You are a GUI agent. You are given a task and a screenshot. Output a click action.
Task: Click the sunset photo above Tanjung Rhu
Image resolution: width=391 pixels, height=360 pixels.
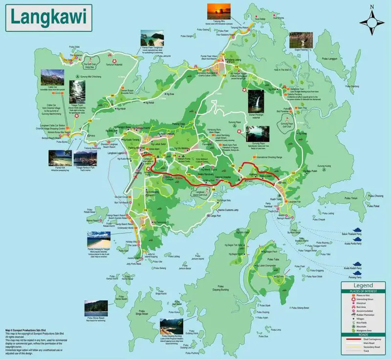(x=218, y=11)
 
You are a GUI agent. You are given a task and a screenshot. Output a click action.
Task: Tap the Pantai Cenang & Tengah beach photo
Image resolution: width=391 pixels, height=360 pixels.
(x=99, y=239)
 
